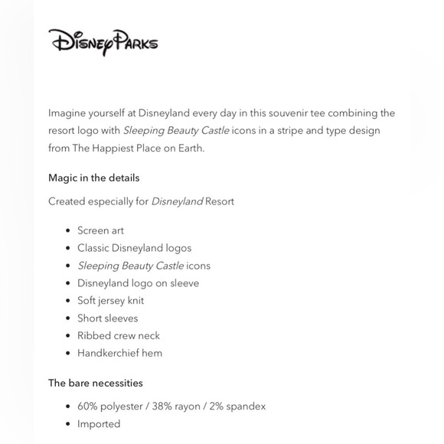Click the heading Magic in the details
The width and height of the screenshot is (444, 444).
[x=93, y=178]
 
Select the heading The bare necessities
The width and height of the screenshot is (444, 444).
[x=95, y=383]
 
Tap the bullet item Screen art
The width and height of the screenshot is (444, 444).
[x=100, y=230]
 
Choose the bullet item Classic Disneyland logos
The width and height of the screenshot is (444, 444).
[x=134, y=248]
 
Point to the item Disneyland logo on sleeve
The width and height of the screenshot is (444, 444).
[x=138, y=283]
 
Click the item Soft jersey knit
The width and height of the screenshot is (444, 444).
[x=110, y=301]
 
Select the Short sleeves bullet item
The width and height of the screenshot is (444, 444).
[x=107, y=318]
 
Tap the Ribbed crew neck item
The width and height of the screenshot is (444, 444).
[x=118, y=336]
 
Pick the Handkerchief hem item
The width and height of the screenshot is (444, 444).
[x=119, y=354]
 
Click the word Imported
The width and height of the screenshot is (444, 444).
[x=99, y=424]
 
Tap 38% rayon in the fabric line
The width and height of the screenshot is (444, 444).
[x=178, y=406]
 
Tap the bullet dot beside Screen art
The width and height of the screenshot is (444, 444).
[x=68, y=230]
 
